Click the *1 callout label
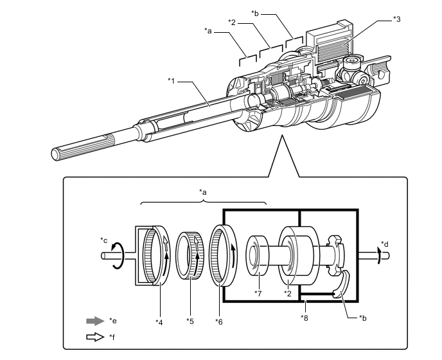(171, 81)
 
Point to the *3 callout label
(396, 19)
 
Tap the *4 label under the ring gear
(159, 322)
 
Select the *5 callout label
(190, 321)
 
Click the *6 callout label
(218, 321)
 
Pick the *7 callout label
(258, 293)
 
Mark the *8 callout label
(304, 318)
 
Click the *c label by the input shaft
(103, 240)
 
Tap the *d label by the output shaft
(384, 244)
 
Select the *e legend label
(113, 321)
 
